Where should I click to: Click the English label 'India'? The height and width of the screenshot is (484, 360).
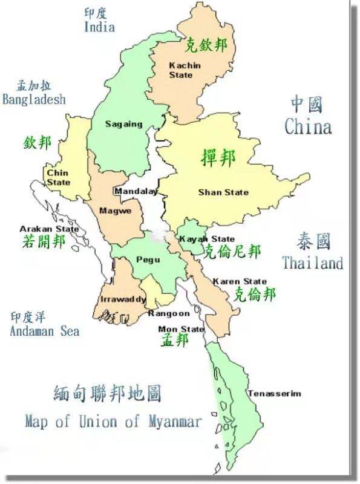(99, 27)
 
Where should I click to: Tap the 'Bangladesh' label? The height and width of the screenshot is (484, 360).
(34, 99)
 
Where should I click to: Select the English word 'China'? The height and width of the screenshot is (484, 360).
(308, 127)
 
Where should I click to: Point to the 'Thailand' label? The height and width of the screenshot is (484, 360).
(312, 263)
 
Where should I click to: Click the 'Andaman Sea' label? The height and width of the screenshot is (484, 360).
(44, 331)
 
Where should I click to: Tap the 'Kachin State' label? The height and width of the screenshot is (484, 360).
(181, 70)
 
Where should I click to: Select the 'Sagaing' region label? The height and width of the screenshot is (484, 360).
(123, 124)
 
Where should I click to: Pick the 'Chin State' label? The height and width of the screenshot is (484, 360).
(58, 177)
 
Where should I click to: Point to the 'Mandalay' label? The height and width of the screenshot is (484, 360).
(136, 191)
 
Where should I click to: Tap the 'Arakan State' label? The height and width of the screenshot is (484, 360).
(49, 229)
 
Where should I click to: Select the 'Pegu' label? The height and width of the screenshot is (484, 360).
(148, 260)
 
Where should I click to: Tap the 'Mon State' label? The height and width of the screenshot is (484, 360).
(181, 329)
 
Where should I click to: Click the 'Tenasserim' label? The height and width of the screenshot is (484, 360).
(273, 393)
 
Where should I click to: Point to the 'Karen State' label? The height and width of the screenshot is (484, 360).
(240, 281)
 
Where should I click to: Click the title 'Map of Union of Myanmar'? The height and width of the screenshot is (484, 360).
(113, 422)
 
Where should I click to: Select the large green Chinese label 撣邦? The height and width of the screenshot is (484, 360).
(218, 157)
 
